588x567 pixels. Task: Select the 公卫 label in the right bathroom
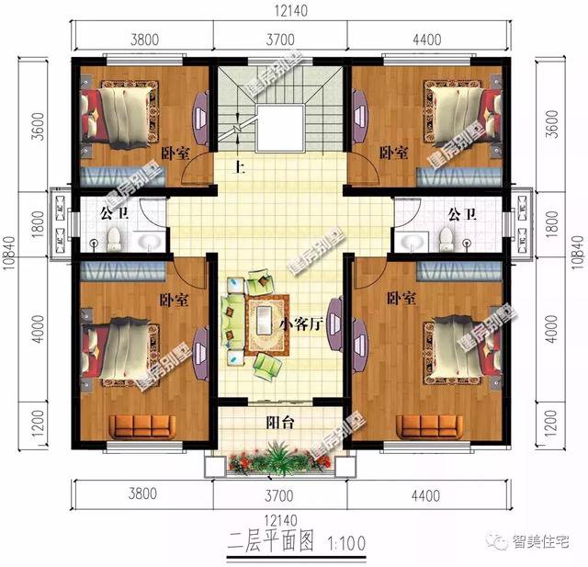(x=462, y=214)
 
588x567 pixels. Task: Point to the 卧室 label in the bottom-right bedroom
(x=401, y=298)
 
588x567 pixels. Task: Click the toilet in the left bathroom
(x=114, y=239)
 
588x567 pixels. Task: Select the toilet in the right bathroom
(x=446, y=239)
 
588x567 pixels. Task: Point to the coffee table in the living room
(x=266, y=322)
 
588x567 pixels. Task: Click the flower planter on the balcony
(x=277, y=457)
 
